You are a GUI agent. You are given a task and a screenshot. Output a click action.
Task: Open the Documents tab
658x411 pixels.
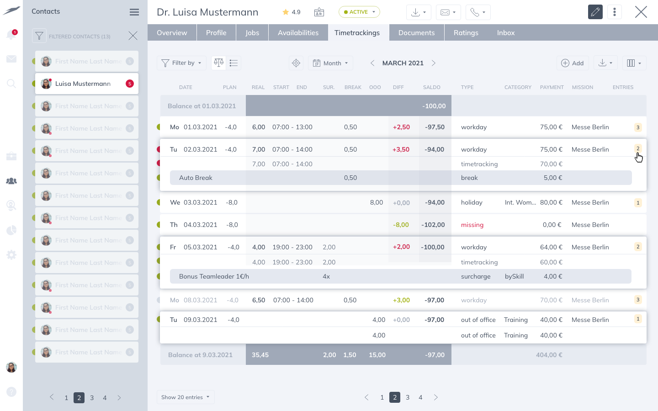coord(416,33)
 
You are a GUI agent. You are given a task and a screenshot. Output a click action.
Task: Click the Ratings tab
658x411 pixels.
coord(466,33)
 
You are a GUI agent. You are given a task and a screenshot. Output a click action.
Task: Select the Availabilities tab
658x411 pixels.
coord(298,33)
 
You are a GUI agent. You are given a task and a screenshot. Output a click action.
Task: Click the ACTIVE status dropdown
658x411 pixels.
coord(359,12)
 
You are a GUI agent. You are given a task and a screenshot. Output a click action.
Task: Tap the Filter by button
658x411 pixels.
coord(181,63)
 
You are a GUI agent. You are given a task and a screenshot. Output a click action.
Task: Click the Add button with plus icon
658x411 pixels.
coord(572,63)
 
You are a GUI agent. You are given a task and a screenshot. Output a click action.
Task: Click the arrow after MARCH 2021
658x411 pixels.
coord(434,63)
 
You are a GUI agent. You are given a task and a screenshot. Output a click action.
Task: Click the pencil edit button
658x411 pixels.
coord(595,12)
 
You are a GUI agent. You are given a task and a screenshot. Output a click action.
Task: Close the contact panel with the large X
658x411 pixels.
coord(641,12)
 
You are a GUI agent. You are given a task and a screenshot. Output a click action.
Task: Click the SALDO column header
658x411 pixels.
coord(431,87)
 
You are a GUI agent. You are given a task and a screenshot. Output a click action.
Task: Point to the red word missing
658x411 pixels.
coord(472,225)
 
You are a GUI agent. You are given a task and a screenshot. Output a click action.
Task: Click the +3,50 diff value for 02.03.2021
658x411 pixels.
coord(401,149)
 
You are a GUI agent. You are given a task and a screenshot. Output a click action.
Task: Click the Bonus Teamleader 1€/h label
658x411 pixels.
coord(214,276)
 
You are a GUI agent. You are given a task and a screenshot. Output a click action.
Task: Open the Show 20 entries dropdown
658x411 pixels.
coord(185,397)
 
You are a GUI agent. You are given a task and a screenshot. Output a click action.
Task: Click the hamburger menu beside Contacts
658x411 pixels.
coord(134,12)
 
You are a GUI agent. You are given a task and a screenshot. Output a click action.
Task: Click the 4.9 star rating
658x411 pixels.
coord(292,12)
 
